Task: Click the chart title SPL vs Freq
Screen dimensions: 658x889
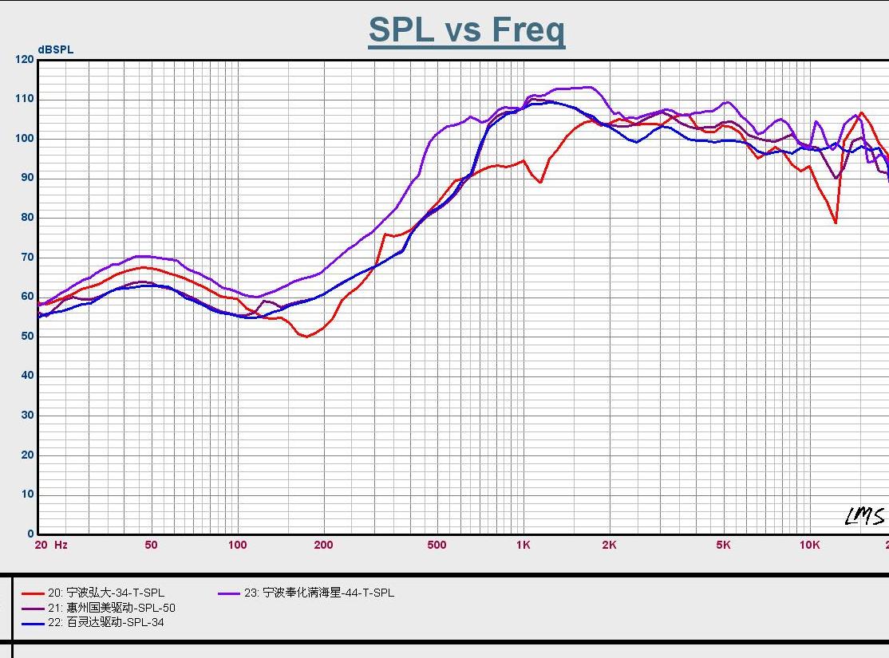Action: click(x=467, y=30)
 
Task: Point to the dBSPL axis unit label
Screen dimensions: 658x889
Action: click(x=56, y=49)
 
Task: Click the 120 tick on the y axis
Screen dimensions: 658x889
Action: click(x=25, y=60)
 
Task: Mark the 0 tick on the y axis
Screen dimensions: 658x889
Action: click(x=31, y=534)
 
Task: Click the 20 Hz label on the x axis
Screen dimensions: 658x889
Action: click(x=51, y=546)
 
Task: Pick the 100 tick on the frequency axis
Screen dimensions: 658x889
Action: click(x=237, y=546)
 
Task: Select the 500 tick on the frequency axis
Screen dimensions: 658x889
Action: click(x=437, y=546)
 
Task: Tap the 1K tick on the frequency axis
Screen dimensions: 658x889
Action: click(x=523, y=546)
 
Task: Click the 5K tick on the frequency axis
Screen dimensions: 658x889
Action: click(x=723, y=546)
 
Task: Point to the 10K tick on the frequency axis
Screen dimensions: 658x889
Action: click(x=809, y=546)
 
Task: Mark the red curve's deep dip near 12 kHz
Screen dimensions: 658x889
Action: click(x=836, y=223)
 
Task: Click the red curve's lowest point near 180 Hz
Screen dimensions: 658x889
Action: click(x=306, y=337)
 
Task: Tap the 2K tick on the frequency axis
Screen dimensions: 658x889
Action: click(x=609, y=546)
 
